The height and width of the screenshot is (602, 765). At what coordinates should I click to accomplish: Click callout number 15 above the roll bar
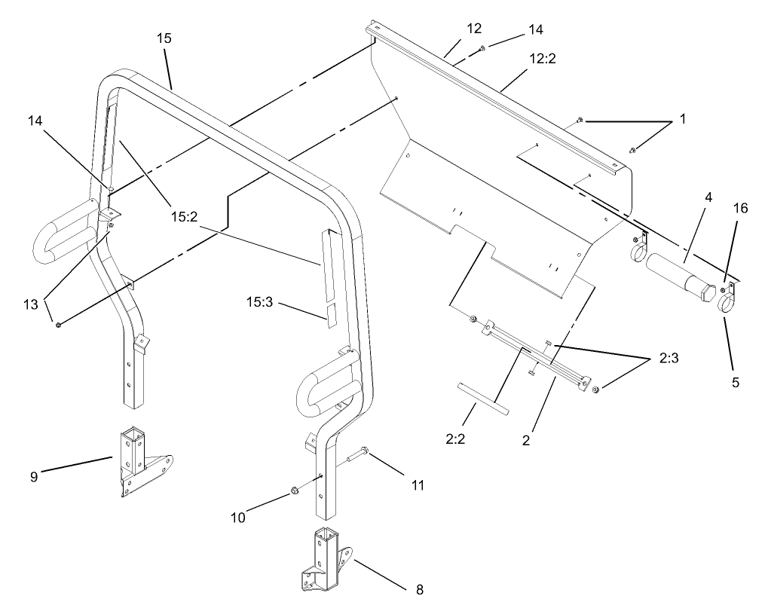(x=164, y=38)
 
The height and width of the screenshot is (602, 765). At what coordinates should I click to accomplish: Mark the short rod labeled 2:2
(x=482, y=399)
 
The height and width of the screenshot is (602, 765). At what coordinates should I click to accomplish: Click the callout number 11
(x=416, y=485)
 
